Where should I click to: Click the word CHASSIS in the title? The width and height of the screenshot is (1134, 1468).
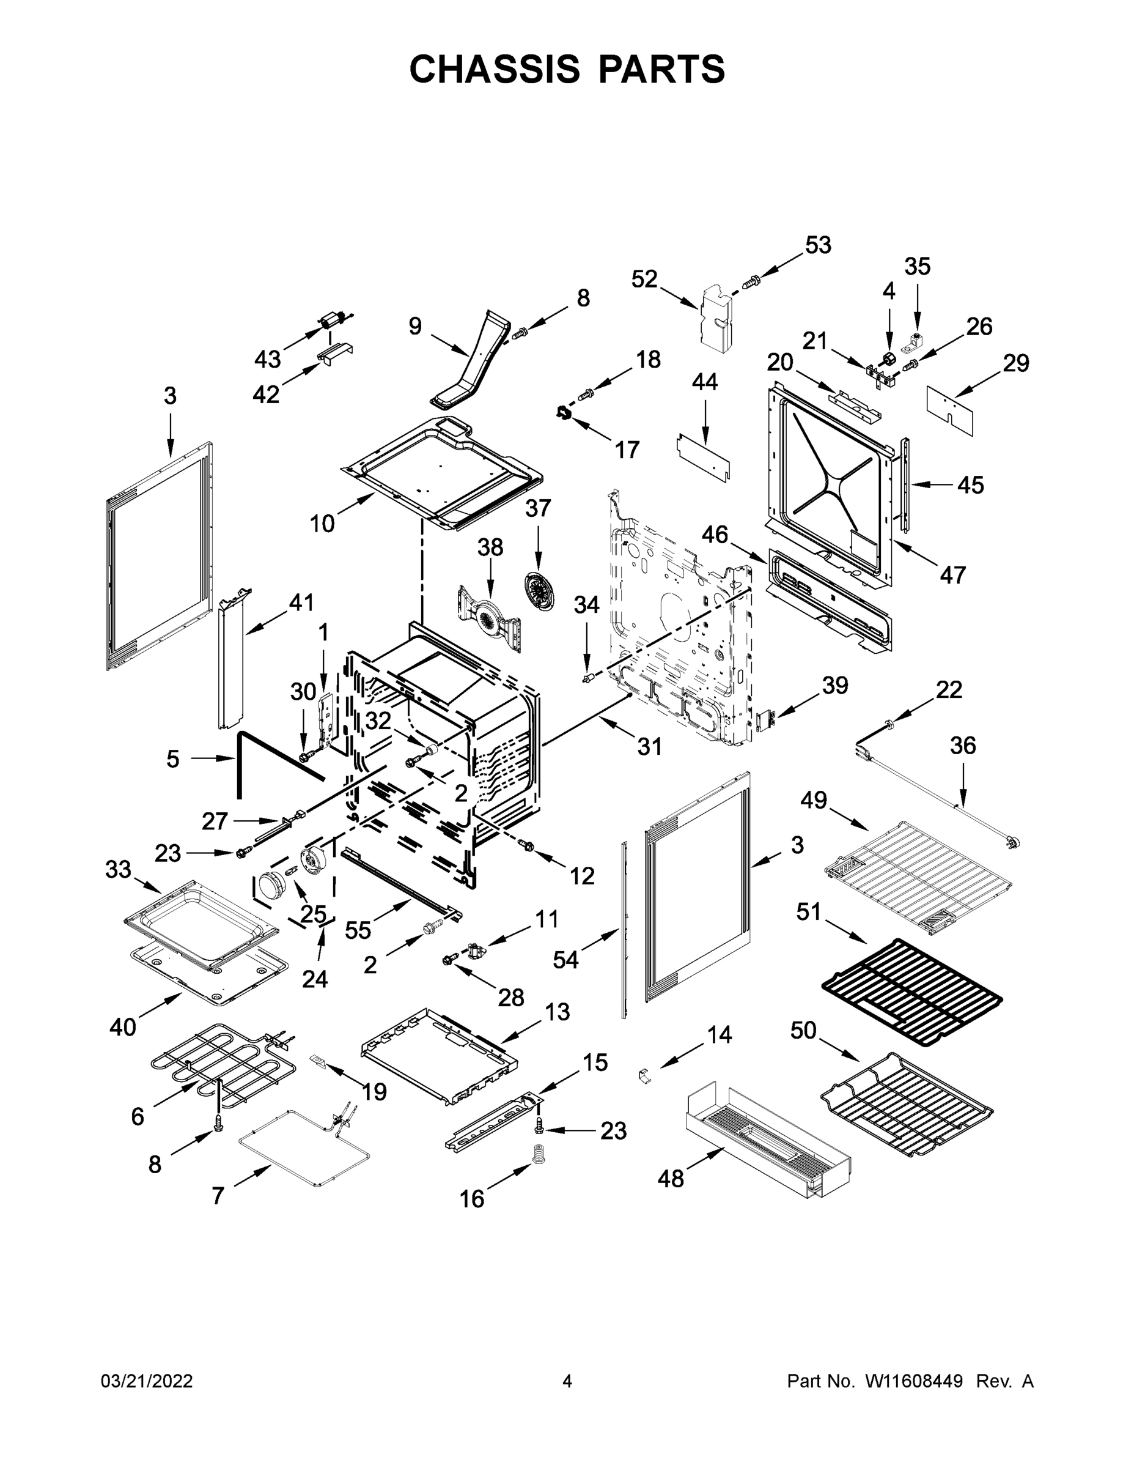(x=495, y=69)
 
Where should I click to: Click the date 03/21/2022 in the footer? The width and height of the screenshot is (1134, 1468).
(x=147, y=1381)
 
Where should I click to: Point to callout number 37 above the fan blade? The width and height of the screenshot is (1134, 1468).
(x=537, y=508)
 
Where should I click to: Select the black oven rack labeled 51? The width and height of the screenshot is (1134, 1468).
(x=911, y=985)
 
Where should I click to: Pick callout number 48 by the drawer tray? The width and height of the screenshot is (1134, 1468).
(x=671, y=1196)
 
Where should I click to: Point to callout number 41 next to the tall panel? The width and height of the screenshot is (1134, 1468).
(x=300, y=602)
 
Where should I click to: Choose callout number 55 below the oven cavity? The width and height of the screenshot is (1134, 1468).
(x=358, y=930)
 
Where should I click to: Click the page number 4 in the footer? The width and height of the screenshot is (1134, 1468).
(x=567, y=1381)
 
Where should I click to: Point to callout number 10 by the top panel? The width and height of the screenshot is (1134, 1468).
(x=322, y=523)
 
